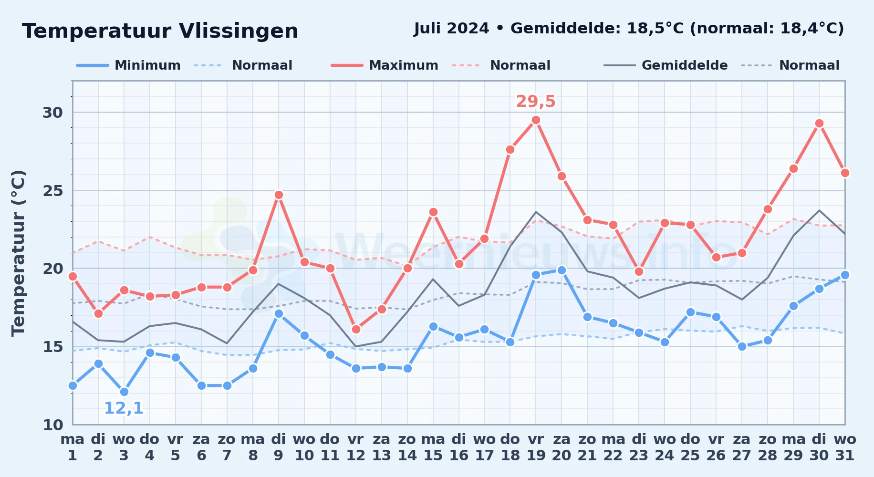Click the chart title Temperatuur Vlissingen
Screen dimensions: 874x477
coord(160,31)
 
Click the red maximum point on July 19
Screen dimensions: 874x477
coord(536,120)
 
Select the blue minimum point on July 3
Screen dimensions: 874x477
coord(124,392)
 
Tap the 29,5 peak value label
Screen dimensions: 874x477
coord(536,101)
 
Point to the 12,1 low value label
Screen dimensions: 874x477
coord(124,408)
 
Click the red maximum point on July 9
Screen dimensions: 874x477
coord(279,195)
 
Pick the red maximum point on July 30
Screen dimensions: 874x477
coord(819,124)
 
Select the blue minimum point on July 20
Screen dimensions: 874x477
coord(562,270)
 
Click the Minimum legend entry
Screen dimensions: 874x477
coord(128,65)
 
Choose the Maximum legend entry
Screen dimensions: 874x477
coord(385,65)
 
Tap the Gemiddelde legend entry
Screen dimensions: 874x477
coord(666,65)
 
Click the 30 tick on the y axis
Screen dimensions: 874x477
coord(53,113)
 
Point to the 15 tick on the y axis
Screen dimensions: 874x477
coord(53,346)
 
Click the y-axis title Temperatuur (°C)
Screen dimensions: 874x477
coord(18,253)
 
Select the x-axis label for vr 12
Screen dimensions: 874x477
coord(355,447)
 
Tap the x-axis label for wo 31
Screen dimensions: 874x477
coord(845,447)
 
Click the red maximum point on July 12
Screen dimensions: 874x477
coord(356,330)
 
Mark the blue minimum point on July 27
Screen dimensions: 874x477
coord(742,347)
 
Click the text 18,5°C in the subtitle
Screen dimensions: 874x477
coord(655,29)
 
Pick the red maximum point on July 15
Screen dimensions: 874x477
coord(433,212)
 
